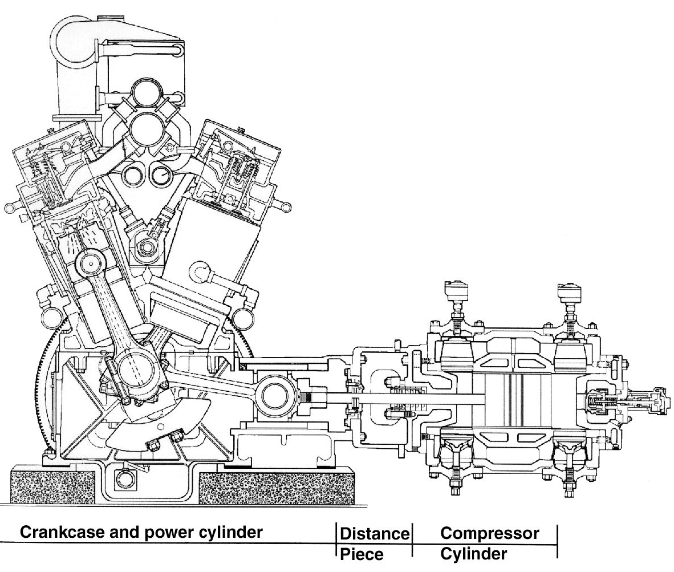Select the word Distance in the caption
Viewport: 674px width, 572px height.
[375, 534]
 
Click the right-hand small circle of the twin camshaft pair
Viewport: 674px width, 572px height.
[161, 175]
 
